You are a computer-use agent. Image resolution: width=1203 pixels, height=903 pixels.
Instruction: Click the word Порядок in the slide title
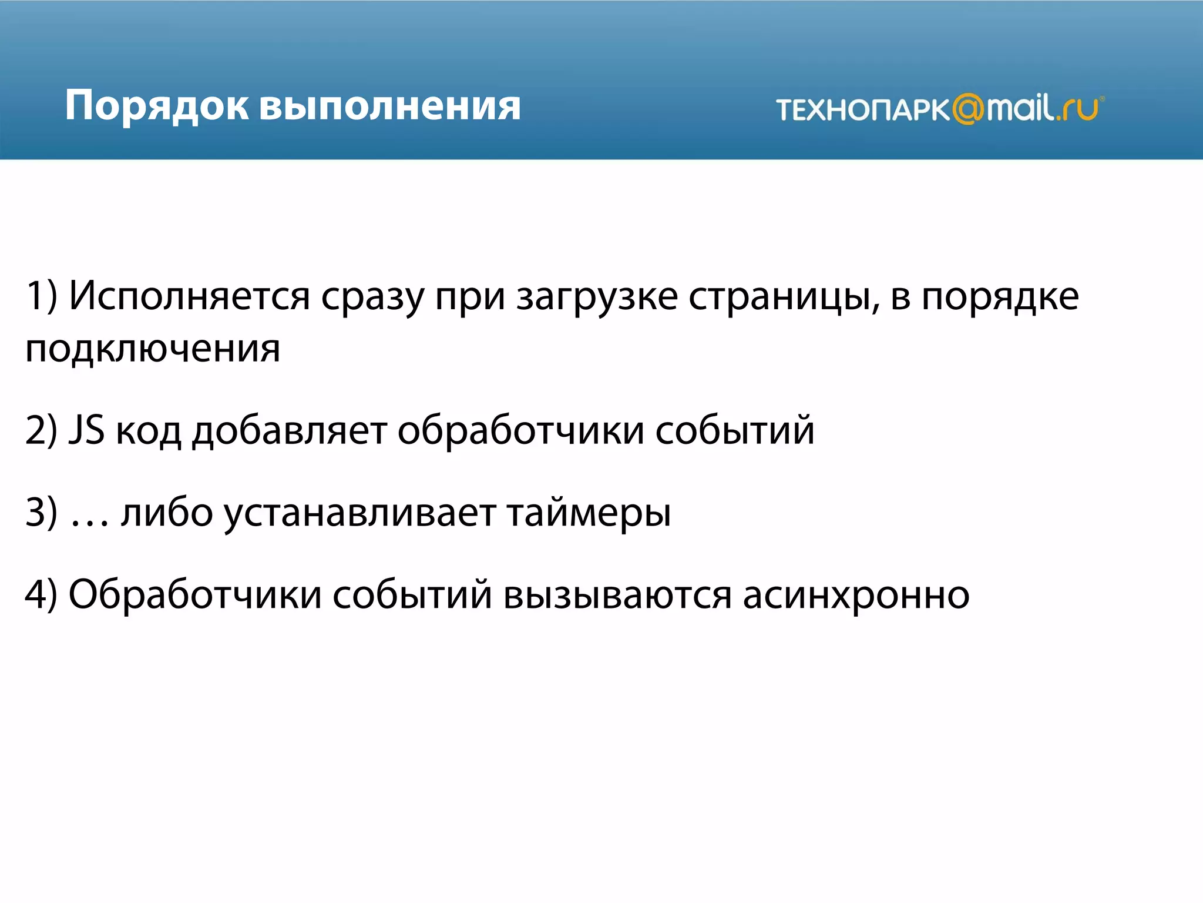point(157,106)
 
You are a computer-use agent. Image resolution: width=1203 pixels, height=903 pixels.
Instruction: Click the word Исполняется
point(189,296)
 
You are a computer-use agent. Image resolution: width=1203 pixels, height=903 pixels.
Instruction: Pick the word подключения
point(153,349)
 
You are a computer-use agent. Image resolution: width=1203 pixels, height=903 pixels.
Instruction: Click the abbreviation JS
point(86,429)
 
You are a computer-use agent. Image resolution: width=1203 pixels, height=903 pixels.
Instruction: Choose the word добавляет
point(289,430)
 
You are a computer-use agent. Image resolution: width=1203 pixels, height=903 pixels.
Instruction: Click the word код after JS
point(148,430)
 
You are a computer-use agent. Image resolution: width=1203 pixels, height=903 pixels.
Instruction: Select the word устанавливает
point(359,513)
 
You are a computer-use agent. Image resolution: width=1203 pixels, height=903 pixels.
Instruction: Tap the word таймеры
point(589,513)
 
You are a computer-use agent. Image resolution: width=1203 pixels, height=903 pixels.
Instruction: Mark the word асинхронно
point(856,595)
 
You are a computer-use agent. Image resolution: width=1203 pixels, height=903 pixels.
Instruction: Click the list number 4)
point(41,594)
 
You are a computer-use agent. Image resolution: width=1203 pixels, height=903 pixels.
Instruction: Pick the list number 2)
point(41,430)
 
